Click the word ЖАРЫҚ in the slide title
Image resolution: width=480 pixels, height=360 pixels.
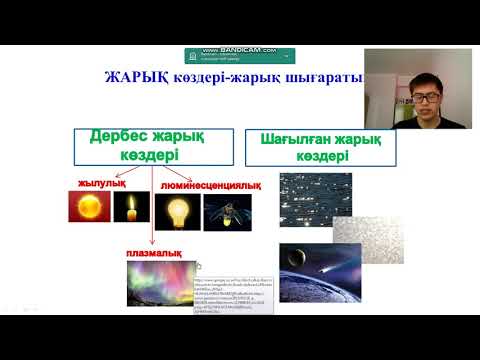136,80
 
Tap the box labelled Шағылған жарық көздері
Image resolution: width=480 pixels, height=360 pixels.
320,148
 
